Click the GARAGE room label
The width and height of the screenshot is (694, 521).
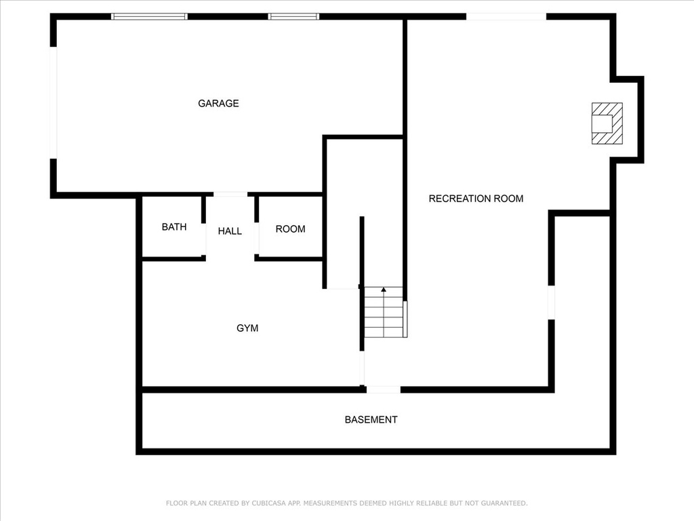[x=218, y=103]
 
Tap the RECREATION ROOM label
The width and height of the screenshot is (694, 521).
[x=476, y=199]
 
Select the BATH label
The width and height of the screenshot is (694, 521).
[x=174, y=227]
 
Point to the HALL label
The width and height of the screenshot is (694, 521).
[x=230, y=231]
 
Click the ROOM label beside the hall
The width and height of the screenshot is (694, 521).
[x=290, y=229]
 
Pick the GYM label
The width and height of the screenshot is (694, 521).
[x=247, y=328]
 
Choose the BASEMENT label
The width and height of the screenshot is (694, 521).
[x=371, y=419]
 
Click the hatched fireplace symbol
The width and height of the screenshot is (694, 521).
[x=607, y=123]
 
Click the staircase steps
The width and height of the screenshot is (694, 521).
[x=384, y=312]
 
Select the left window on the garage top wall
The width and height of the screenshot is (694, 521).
[x=149, y=16]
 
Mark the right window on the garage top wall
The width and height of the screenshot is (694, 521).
[x=293, y=16]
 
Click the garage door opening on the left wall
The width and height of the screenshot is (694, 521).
[x=53, y=103]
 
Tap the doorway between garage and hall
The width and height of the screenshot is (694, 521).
[x=230, y=194]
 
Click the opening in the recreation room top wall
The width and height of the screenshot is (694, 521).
[x=506, y=16]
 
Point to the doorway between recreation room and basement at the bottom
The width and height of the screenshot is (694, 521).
[x=384, y=389]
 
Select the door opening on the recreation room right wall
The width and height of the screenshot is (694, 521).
[x=552, y=303]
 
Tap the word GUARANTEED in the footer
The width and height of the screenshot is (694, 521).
[x=504, y=503]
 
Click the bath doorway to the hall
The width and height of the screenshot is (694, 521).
[x=203, y=239]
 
